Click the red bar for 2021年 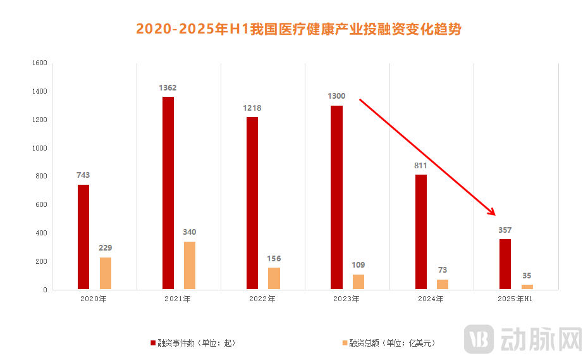coord(168,193)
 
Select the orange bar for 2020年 coord(105,273)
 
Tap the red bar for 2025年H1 coord(505,264)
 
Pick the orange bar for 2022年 coord(274,278)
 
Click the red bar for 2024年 coord(421,232)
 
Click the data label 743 coord(83,175)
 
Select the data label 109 coord(358,265)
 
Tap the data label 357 coord(505,230)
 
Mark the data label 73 coord(442,270)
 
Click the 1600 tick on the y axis coord(39,63)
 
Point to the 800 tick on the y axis coord(41,177)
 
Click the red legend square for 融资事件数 coord(152,343)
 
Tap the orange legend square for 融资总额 coord(345,343)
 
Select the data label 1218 coord(252,108)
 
